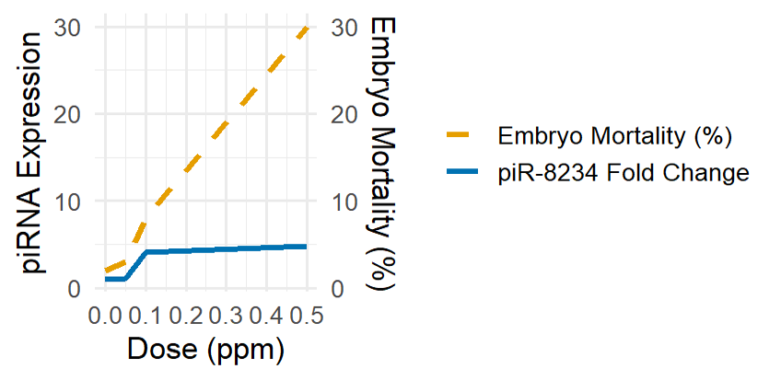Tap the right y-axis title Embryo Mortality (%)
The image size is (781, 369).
click(381, 153)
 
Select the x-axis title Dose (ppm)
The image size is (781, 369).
click(206, 349)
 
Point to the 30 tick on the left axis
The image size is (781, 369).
click(69, 27)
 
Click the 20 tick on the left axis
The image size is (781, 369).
click(69, 114)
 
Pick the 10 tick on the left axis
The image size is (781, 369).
click(69, 202)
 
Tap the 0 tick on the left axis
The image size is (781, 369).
click(76, 289)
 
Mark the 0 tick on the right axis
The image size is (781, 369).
click(336, 289)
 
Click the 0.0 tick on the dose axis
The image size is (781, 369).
click(106, 317)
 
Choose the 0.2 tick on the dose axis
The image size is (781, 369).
click(186, 317)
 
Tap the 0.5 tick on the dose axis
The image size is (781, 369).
click(308, 317)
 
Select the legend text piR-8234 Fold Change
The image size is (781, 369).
click(624, 172)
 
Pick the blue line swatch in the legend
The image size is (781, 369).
click(462, 171)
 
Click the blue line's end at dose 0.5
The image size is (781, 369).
click(307, 247)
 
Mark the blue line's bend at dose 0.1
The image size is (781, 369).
click(146, 252)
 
